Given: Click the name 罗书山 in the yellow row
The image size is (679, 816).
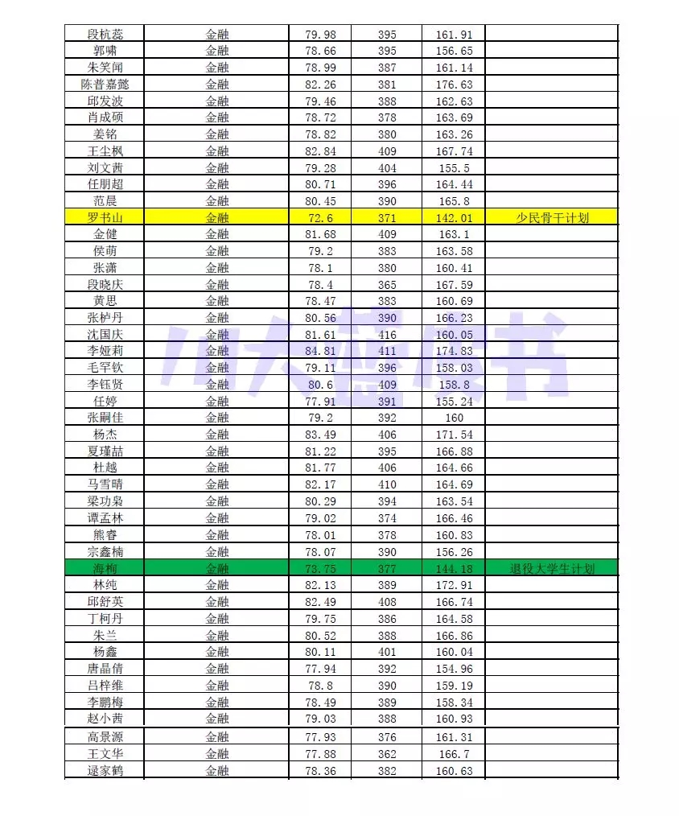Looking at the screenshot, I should [x=105, y=217].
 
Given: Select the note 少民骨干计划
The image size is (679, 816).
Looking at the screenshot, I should [x=552, y=217].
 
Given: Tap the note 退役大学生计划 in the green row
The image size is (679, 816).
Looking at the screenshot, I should [x=552, y=568].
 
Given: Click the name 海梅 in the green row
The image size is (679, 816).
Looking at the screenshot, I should [x=105, y=568].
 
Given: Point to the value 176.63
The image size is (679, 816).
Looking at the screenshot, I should [x=455, y=84].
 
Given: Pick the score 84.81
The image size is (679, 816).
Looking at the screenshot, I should [x=321, y=351].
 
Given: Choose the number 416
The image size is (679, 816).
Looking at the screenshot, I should [x=387, y=334].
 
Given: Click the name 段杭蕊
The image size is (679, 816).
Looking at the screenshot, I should [x=105, y=34].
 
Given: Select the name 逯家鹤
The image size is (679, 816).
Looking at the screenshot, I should [x=105, y=770].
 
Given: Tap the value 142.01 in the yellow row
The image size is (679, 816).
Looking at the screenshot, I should [x=455, y=217].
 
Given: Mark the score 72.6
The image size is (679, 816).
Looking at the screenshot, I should [x=321, y=217].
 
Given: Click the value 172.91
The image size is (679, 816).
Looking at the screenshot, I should [x=455, y=585].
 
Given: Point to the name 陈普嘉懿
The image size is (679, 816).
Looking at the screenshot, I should [x=105, y=84].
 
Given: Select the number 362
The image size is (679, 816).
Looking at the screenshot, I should [x=387, y=754].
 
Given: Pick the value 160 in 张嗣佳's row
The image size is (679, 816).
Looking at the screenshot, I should [x=455, y=418].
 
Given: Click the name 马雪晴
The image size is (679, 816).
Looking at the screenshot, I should [x=105, y=484].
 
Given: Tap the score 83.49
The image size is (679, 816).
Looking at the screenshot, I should [x=321, y=435].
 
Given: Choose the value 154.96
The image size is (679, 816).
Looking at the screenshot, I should [x=455, y=668].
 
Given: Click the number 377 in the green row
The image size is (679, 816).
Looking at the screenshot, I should [x=387, y=568].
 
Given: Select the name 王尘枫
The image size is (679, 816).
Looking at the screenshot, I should [x=105, y=151].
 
